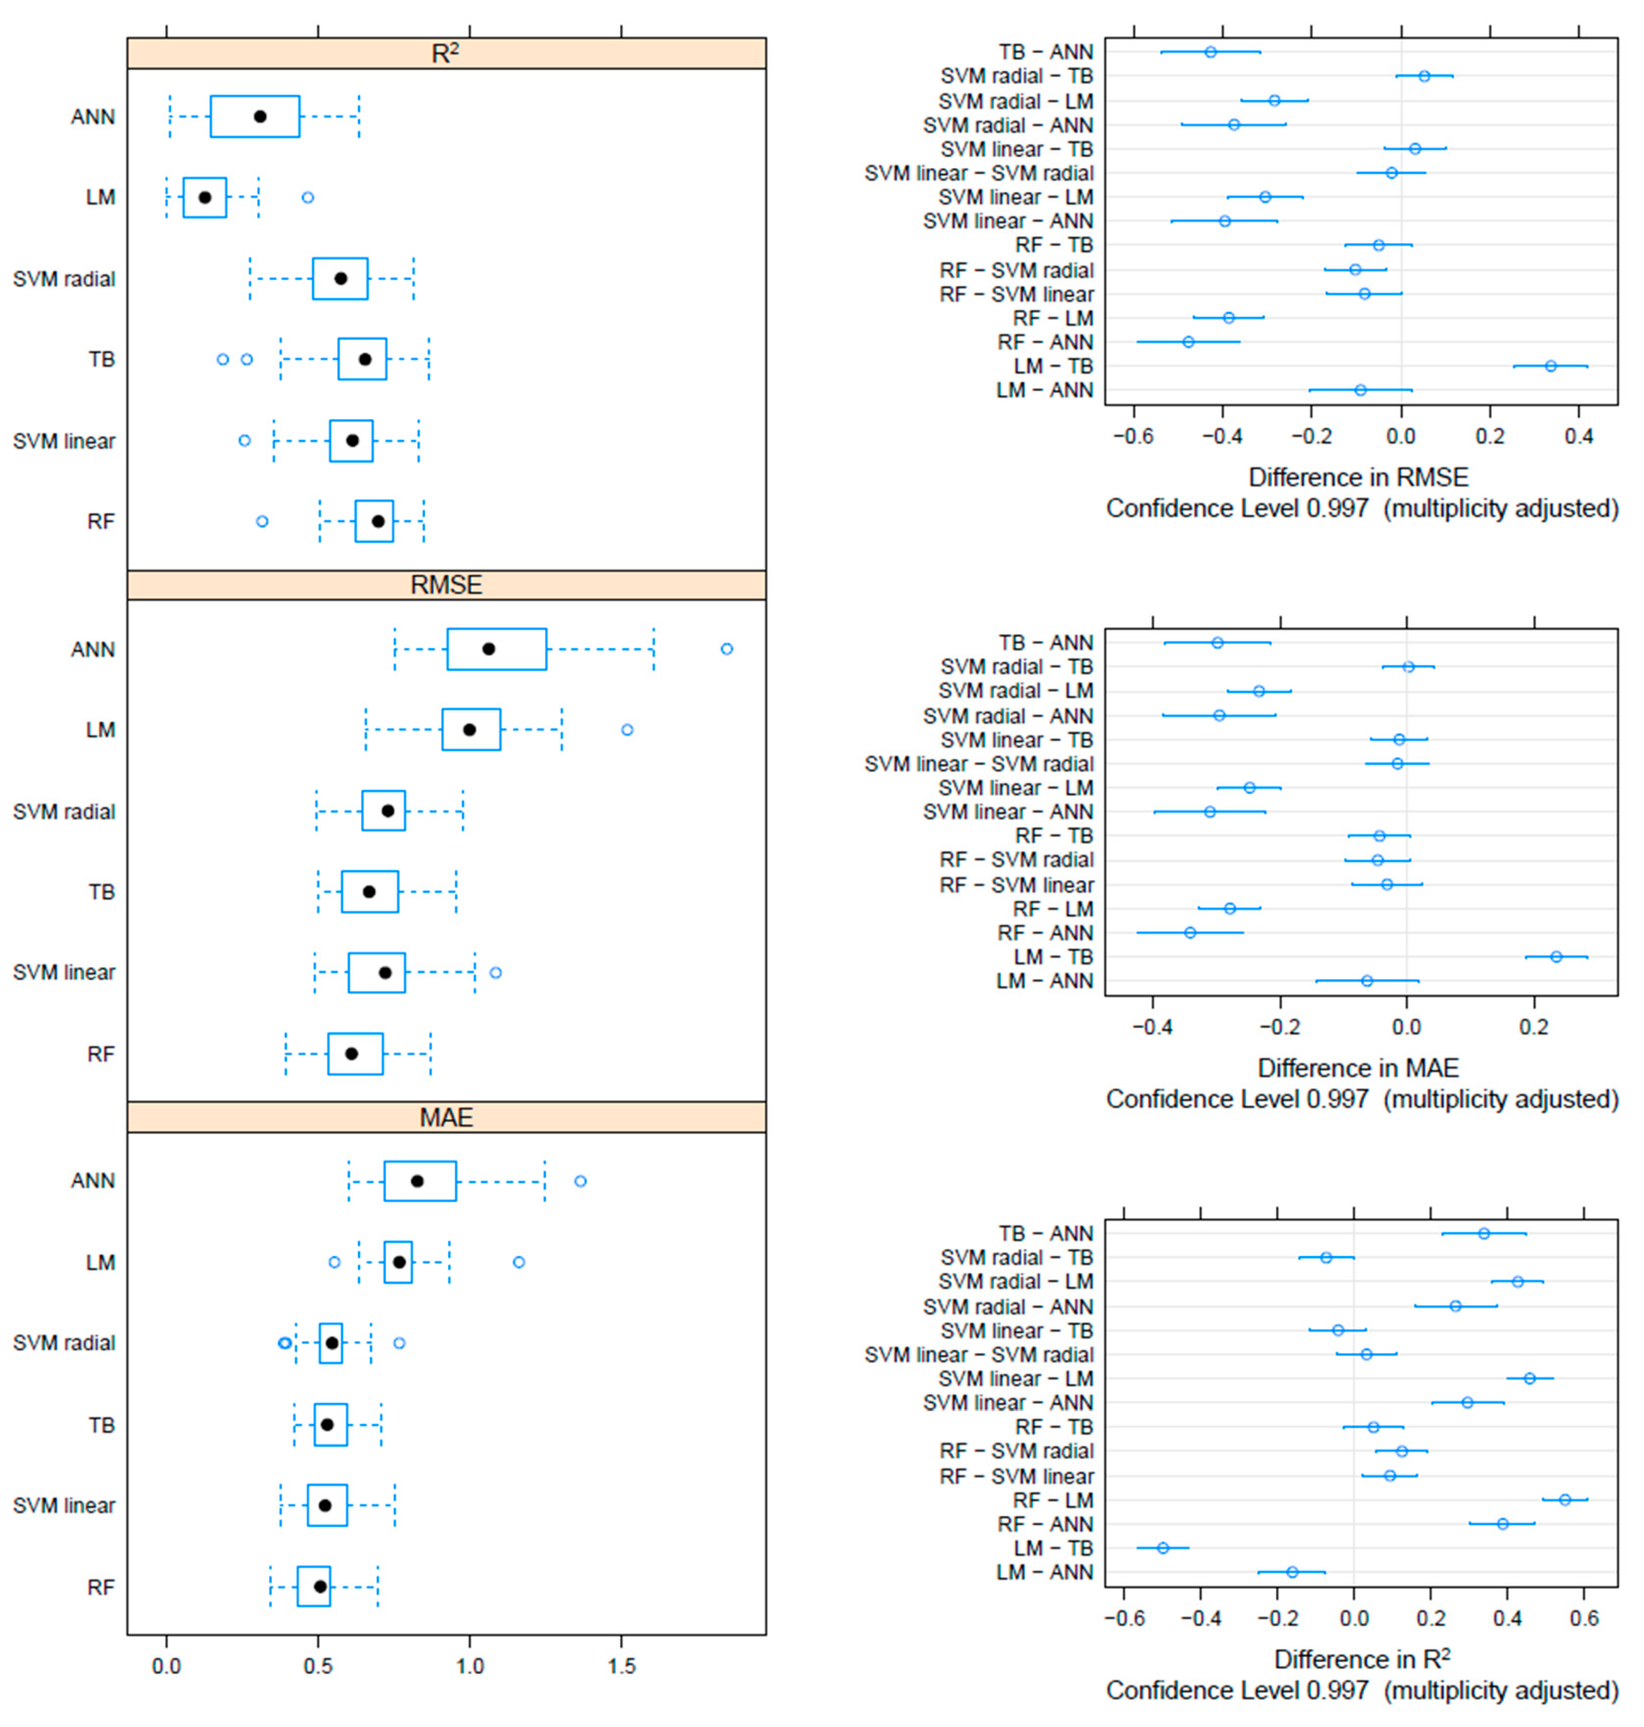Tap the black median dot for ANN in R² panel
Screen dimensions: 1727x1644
click(x=260, y=117)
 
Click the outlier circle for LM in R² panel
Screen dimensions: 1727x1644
click(x=307, y=197)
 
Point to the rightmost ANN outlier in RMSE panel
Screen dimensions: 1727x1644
click(x=726, y=649)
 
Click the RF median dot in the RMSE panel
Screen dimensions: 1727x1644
click(x=352, y=1054)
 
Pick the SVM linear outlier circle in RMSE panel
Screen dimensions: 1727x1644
click(x=495, y=972)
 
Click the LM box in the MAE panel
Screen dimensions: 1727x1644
click(x=398, y=1262)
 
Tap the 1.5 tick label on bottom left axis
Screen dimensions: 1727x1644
click(x=621, y=1665)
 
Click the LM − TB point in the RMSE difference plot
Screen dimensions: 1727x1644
click(x=1550, y=365)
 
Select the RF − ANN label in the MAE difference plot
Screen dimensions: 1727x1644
click(x=1045, y=933)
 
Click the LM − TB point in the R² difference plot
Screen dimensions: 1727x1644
click(x=1163, y=1548)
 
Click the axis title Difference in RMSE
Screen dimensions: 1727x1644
click(x=1358, y=478)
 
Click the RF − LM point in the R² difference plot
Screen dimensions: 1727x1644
click(x=1565, y=1500)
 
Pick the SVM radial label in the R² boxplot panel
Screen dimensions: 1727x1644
click(x=64, y=279)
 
